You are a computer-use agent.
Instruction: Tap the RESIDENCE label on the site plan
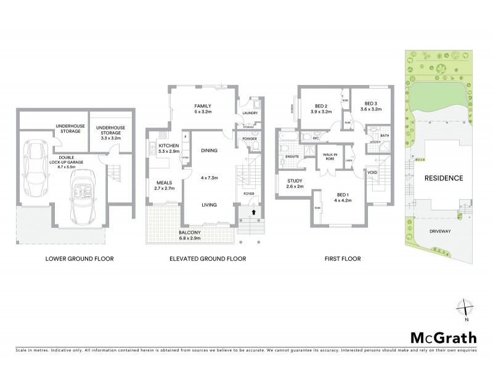444,178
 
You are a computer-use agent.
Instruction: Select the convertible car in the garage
83,195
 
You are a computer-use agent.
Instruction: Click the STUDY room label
295,180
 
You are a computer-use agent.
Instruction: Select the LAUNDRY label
250,113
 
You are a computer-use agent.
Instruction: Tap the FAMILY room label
203,106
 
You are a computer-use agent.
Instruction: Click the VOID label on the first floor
372,171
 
